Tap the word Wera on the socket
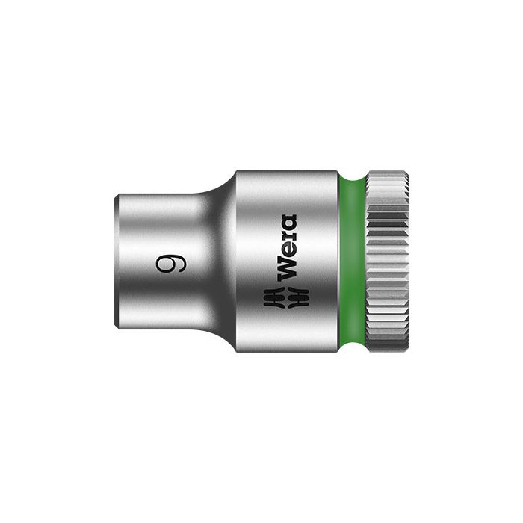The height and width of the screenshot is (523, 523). point(287,247)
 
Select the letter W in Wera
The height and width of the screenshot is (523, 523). point(287,272)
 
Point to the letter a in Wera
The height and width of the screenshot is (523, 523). point(288,223)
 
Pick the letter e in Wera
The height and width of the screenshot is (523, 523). point(288,250)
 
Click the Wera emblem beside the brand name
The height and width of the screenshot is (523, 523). point(287,297)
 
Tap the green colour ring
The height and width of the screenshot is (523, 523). point(352,261)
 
